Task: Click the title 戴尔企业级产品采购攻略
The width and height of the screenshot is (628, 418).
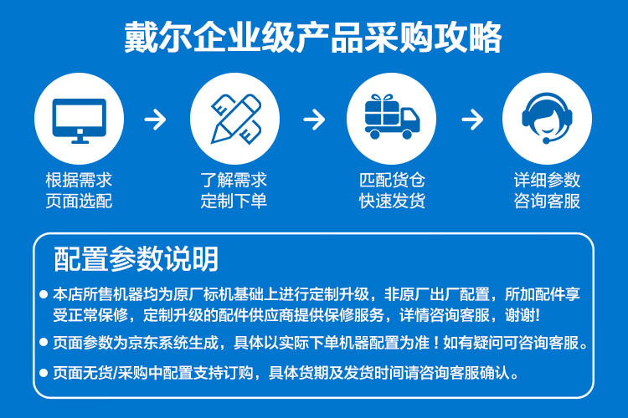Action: (313, 38)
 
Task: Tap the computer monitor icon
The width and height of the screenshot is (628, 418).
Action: (79, 120)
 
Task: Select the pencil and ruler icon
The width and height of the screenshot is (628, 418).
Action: (234, 120)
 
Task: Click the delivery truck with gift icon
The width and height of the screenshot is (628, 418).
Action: (391, 120)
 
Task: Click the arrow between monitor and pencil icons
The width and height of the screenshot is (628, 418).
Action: (156, 120)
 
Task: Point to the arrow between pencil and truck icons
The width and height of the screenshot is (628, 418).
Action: (313, 120)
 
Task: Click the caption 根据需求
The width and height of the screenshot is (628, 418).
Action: (79, 181)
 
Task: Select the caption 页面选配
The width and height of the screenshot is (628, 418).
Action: (79, 201)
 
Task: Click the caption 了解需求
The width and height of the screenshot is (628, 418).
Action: (234, 181)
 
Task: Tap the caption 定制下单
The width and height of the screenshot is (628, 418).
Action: (234, 201)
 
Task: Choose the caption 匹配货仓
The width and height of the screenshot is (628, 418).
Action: (392, 181)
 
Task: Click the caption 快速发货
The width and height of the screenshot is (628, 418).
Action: (392, 201)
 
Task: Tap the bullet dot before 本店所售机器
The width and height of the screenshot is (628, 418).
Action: (44, 295)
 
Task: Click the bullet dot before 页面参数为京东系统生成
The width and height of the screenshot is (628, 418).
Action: (44, 344)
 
